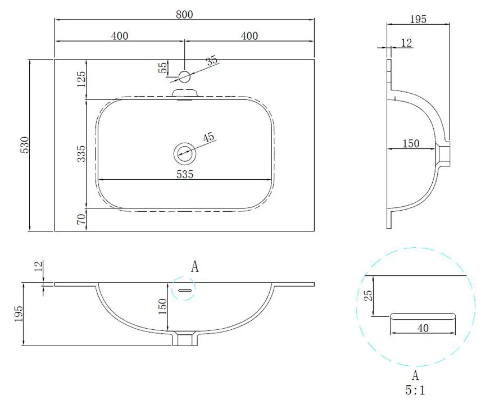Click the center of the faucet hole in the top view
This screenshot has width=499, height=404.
[x=184, y=76]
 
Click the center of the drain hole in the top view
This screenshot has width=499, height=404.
[x=184, y=153]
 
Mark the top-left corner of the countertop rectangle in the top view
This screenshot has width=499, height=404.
[x=55, y=59]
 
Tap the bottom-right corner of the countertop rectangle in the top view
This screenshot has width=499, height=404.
[x=315, y=231]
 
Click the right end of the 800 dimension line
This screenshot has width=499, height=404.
[x=315, y=20]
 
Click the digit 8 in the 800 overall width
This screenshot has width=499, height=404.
[x=179, y=14]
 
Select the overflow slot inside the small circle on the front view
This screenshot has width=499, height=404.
[x=184, y=290]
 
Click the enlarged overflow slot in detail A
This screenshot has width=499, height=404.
[x=423, y=316]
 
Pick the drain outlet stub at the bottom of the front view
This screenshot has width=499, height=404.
[x=185, y=338]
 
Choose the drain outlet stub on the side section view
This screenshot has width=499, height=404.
[x=443, y=154]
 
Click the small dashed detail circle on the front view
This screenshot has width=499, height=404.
[x=184, y=288]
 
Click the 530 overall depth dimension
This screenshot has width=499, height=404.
[x=25, y=145]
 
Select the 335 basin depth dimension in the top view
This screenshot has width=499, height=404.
[x=81, y=153]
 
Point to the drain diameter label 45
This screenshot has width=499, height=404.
[x=209, y=138]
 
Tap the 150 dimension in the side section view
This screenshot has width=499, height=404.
[x=411, y=143]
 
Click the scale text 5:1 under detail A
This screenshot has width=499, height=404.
[x=415, y=390]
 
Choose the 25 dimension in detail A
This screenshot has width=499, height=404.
[x=368, y=296]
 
